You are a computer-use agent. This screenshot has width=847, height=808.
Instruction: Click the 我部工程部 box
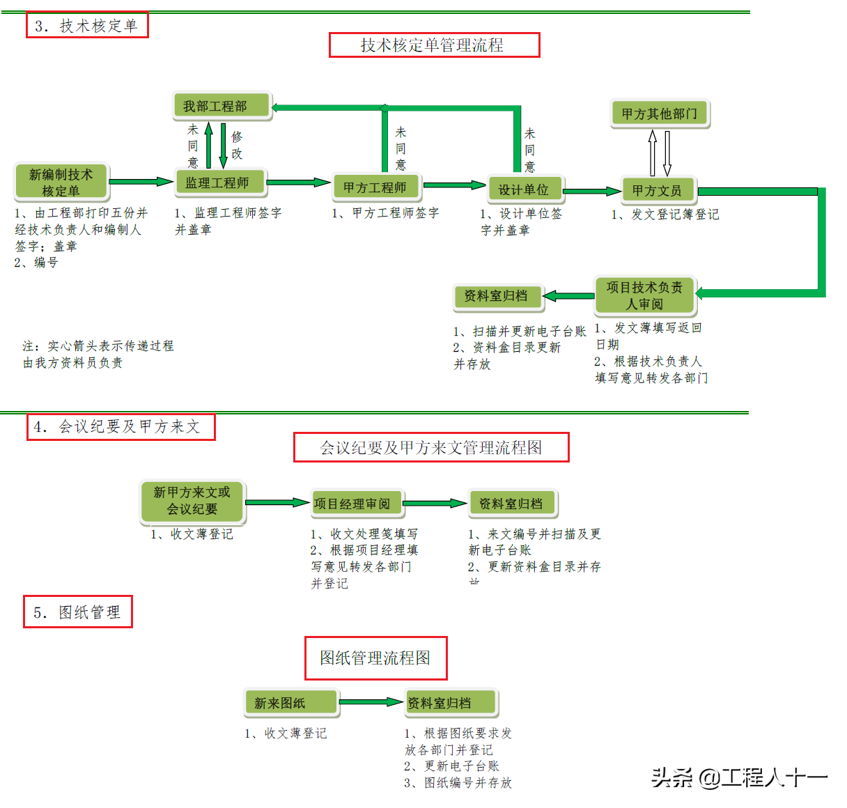(221, 106)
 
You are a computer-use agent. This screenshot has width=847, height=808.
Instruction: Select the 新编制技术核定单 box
(61, 182)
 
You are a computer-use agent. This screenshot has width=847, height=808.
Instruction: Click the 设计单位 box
(524, 189)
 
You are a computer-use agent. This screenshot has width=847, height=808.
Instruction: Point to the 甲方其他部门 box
(660, 113)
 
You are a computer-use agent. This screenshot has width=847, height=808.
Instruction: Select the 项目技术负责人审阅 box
(645, 295)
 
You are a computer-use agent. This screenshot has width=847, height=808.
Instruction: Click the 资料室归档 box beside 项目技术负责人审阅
(497, 296)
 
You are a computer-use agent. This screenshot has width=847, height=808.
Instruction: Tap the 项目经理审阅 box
(357, 503)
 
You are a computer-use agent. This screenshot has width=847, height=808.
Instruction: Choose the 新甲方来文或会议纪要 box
(192, 501)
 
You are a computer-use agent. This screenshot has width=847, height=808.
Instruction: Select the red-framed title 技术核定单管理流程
(433, 45)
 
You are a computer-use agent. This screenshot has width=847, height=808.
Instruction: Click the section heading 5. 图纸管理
(77, 612)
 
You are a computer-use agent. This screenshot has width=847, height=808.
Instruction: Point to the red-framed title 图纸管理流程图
(375, 658)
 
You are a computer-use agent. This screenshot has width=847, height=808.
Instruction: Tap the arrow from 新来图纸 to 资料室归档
(371, 702)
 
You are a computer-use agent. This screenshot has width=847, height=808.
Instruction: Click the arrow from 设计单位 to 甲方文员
(593, 190)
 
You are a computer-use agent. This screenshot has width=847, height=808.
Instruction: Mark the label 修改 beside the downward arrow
(237, 145)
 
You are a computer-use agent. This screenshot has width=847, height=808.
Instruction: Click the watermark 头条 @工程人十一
(738, 777)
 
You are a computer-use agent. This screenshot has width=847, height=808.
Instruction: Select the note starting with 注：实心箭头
(98, 354)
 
